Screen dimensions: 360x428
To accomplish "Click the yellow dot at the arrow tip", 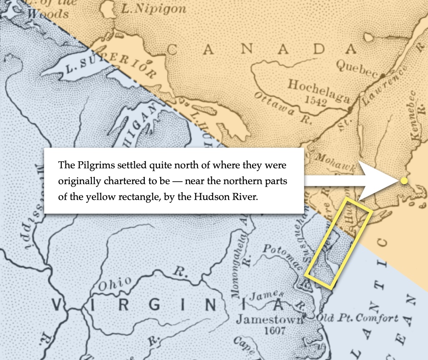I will (x=404, y=180).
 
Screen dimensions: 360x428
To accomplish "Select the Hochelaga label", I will (x=318, y=91).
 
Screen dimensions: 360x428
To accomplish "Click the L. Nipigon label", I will (x=154, y=9).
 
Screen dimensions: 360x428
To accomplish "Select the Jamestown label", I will (x=269, y=320).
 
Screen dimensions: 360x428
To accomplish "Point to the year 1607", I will (x=274, y=331).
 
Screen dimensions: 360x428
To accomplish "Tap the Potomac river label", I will (x=280, y=257).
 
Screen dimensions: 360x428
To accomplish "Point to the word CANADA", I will (x=262, y=50).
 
